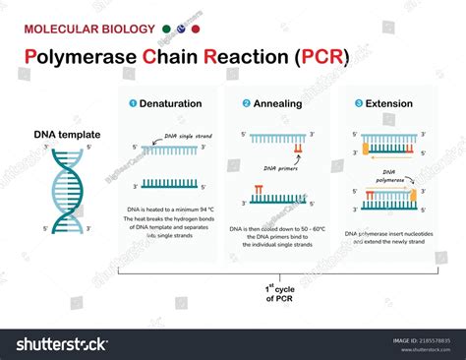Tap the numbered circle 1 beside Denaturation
134,102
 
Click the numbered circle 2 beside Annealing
246,102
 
